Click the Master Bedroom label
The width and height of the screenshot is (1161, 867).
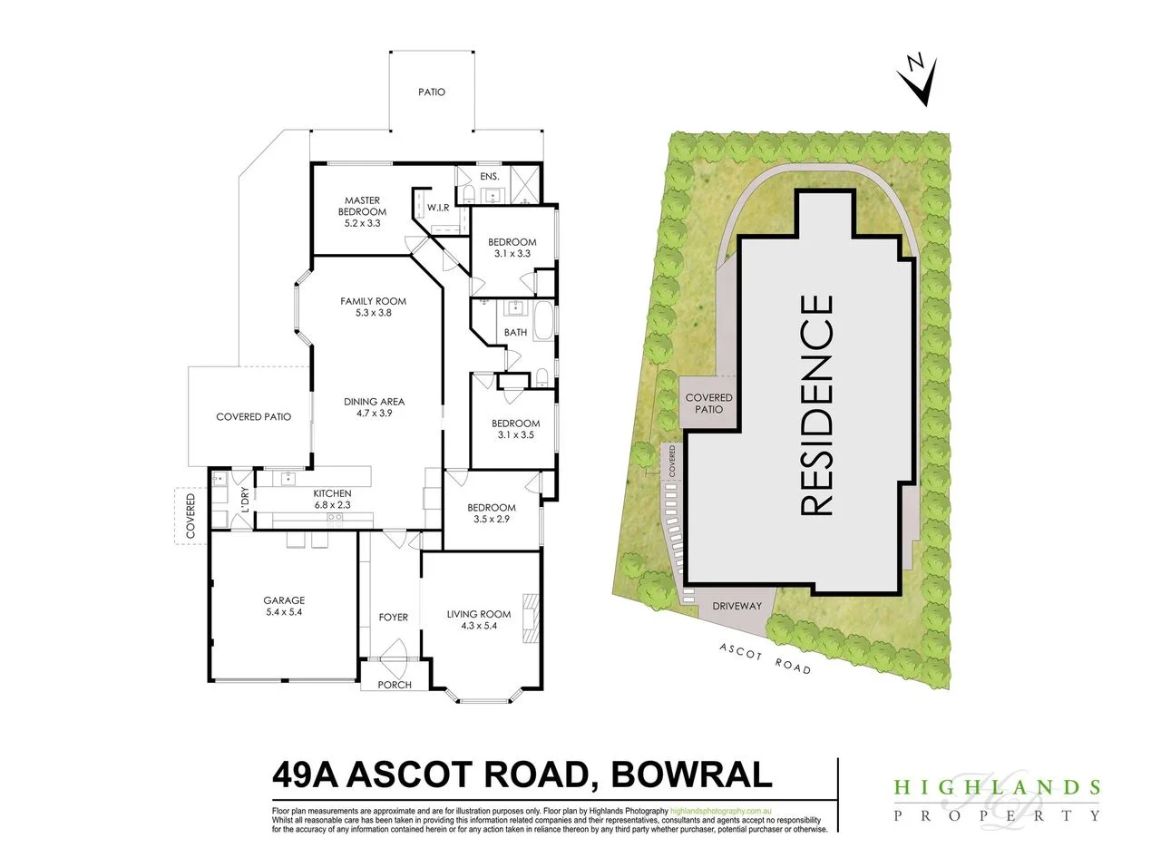(x=362, y=206)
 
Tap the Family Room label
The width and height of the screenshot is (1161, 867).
(x=373, y=301)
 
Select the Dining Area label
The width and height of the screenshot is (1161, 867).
(x=374, y=402)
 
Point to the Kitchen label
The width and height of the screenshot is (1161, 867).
(x=332, y=493)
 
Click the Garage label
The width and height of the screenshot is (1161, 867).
(x=284, y=600)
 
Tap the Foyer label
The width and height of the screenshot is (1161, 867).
(x=394, y=618)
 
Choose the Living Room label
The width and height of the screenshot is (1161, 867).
(x=479, y=615)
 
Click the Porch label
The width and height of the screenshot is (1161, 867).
(x=395, y=685)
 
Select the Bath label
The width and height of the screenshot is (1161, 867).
(x=515, y=333)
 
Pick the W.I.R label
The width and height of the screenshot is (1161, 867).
(x=439, y=208)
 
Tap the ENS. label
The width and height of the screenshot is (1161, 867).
(x=465, y=175)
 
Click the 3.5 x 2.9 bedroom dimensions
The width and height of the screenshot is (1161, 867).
(x=491, y=520)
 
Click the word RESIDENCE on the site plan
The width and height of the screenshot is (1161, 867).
(x=816, y=405)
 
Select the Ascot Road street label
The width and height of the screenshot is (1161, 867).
(x=765, y=659)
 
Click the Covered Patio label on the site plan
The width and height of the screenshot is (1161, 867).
(x=708, y=404)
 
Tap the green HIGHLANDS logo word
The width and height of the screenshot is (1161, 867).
(x=997, y=787)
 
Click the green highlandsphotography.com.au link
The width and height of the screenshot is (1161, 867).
(x=720, y=810)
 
